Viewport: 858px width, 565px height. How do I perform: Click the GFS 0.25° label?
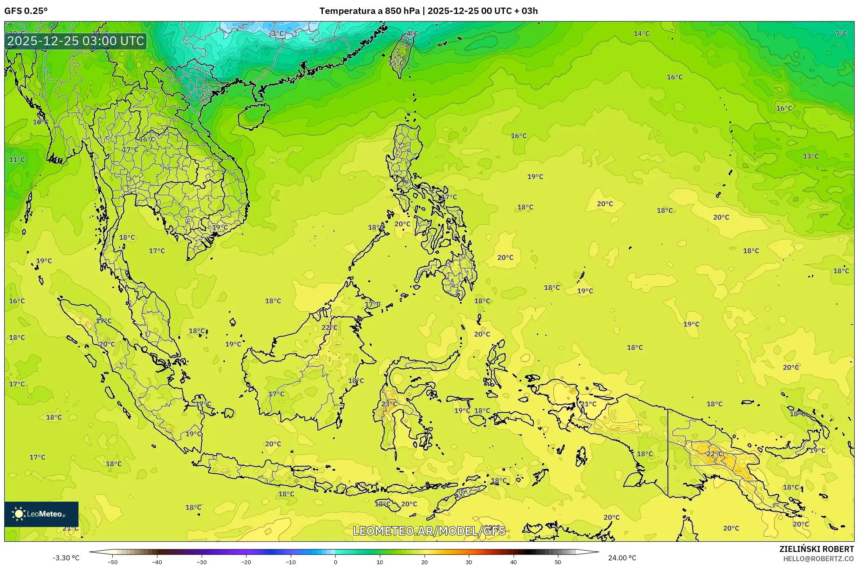[26, 11]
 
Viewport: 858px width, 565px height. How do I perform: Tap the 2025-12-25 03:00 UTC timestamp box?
[76, 41]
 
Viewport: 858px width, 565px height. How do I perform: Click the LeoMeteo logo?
[41, 514]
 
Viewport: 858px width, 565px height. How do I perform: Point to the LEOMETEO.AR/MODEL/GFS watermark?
[429, 531]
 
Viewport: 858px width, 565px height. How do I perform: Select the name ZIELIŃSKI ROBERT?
[816, 549]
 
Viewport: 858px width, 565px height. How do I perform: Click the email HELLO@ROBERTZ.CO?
[818, 559]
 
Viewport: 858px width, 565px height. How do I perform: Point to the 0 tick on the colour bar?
[336, 562]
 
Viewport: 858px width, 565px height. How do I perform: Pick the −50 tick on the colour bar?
[112, 562]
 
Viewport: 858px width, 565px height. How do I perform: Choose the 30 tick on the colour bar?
[469, 562]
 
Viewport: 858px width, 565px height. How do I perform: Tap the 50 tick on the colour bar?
[558, 562]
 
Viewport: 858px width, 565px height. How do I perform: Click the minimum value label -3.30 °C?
[66, 558]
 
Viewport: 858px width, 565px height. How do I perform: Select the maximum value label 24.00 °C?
[622, 558]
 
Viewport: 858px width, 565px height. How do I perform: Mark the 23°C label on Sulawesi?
[389, 404]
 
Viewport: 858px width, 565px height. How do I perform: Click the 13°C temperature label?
[810, 156]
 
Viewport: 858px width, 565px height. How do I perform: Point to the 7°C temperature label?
[841, 34]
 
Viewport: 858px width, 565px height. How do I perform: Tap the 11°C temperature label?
[17, 160]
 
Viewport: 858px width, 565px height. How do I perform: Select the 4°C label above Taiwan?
[412, 34]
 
